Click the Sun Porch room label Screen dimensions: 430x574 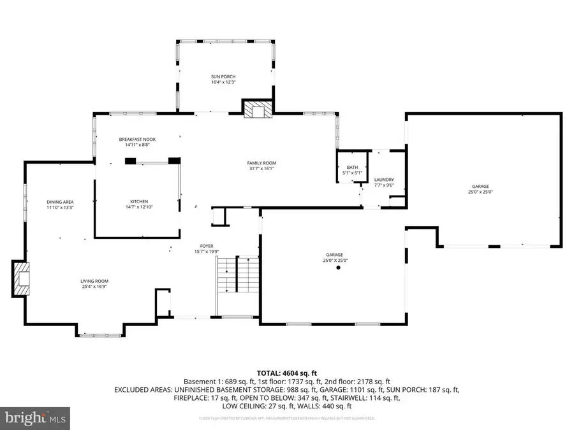(x=223, y=76)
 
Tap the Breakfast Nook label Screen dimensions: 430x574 (x=137, y=140)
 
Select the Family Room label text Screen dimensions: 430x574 (x=262, y=163)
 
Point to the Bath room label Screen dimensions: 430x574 (x=351, y=167)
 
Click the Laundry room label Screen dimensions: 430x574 (x=384, y=180)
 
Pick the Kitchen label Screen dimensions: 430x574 (x=139, y=201)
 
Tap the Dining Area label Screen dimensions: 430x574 (x=60, y=202)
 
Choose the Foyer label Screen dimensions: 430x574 (x=206, y=246)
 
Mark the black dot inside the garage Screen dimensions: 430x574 (x=339, y=268)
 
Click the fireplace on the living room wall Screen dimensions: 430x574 (x=20, y=278)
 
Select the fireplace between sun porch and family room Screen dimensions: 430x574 (x=258, y=109)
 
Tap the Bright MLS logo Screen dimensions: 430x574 (x=35, y=418)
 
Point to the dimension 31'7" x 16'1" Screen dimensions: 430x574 (x=262, y=169)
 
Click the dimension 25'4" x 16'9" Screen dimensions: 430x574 (x=94, y=287)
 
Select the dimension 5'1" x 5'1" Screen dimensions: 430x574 (x=351, y=173)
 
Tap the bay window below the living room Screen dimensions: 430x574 (x=98, y=333)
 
